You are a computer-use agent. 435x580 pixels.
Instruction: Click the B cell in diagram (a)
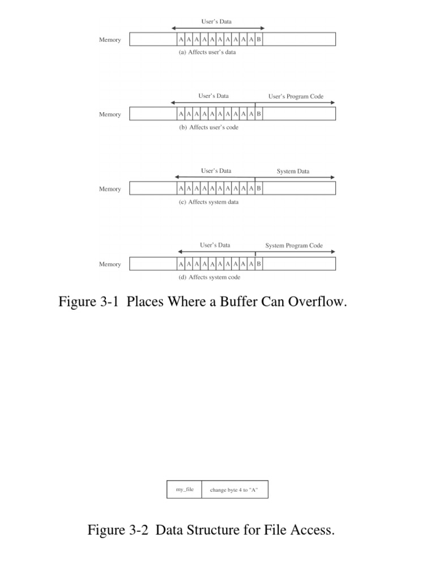coord(259,40)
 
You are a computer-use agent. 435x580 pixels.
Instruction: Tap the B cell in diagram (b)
coord(259,114)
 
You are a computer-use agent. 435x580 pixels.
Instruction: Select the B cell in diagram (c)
coord(259,189)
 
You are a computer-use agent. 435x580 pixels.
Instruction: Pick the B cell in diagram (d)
coord(259,264)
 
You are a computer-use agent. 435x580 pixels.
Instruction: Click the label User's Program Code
coord(296,96)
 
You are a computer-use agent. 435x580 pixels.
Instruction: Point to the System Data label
coord(293,171)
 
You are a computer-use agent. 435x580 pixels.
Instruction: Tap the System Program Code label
coord(294,246)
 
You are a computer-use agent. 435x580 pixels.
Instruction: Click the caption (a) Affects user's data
coord(207,52)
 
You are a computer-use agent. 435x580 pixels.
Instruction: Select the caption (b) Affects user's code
coord(208,127)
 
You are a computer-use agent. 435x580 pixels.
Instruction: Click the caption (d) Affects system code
coord(209,278)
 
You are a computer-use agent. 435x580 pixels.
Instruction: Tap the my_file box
coord(184,489)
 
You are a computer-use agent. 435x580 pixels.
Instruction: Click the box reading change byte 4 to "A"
coord(234,489)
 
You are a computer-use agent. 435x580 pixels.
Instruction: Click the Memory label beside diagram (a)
coord(110,40)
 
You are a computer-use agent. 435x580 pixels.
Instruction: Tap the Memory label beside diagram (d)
coord(110,264)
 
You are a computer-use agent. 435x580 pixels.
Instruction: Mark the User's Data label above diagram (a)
coord(216,22)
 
